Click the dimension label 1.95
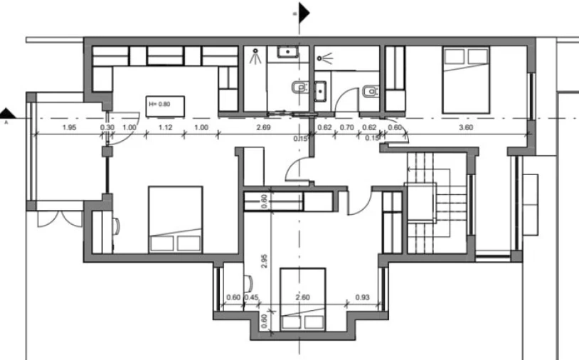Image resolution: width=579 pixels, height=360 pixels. pos(69,128)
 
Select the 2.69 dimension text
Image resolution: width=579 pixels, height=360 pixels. pos(263,128)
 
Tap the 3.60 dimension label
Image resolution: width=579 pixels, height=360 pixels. pos(466,128)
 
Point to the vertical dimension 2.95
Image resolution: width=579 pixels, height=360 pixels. pos(264,260)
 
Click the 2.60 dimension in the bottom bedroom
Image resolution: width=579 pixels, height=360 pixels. pos(303,297)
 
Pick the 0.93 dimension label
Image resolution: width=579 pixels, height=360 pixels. pos(362,297)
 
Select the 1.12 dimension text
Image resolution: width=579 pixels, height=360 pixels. pos(166,128)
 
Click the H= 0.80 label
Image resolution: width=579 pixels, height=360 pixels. pos(159,104)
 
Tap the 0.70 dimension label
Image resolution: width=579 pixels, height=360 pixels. pos(346,128)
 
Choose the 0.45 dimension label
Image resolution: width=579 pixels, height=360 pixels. pos(252,297)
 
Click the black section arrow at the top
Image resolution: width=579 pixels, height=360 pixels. pos(304,13)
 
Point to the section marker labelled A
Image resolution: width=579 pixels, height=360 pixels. pos(7,114)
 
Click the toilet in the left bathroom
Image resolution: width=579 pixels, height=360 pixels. pos(300,88)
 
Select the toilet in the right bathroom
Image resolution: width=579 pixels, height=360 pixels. pos(371,91)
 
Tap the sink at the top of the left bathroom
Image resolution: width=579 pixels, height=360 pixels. pos(288,52)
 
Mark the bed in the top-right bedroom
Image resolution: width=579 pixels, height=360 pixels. pos(466,80)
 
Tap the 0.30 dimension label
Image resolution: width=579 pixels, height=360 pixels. pos(107,128)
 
